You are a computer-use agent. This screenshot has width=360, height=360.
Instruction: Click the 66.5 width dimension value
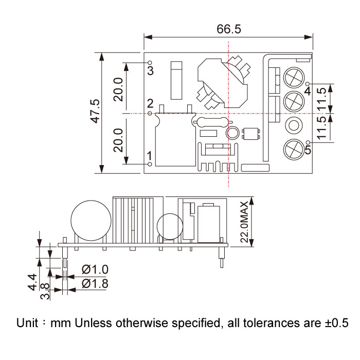(229, 29)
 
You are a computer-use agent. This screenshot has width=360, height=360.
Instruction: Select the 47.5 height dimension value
(96, 111)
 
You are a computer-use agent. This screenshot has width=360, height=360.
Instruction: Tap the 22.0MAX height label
(244, 222)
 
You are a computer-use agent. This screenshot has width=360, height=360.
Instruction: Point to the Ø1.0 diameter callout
(95, 269)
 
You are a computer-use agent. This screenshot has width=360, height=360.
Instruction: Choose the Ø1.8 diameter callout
(95, 283)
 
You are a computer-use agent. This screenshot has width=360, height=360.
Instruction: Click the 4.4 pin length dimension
(32, 282)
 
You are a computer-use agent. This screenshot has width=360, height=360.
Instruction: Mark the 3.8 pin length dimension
(45, 291)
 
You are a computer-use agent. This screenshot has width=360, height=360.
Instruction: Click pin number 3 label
(150, 70)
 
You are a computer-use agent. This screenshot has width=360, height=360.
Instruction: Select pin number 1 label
(150, 156)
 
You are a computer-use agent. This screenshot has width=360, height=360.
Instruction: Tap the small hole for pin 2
(150, 113)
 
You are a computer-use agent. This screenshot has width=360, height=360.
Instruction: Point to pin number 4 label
(308, 91)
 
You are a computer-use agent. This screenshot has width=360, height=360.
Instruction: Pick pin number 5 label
(308, 150)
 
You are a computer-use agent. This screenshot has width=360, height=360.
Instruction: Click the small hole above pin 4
(309, 84)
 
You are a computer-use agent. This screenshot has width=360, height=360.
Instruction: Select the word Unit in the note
(27, 322)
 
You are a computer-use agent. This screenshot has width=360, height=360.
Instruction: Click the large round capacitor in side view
(91, 221)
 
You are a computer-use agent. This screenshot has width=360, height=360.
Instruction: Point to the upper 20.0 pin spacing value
(118, 89)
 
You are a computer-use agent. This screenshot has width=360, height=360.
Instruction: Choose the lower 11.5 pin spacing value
(321, 128)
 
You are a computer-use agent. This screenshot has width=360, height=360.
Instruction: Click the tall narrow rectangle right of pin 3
(176, 80)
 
